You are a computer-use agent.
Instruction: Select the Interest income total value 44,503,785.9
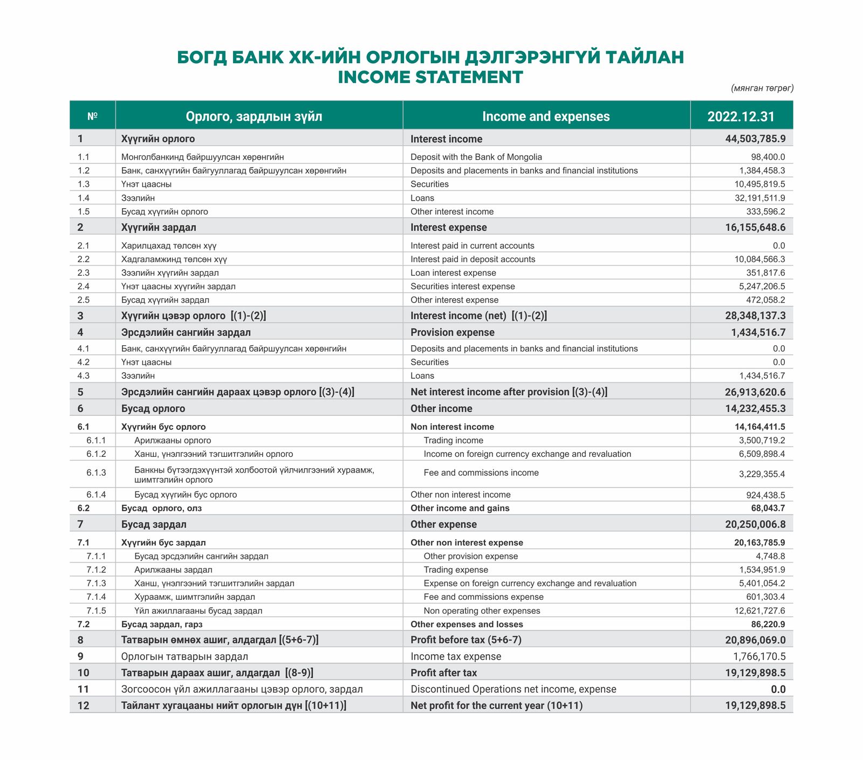(755, 139)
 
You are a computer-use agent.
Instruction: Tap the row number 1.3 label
(83, 184)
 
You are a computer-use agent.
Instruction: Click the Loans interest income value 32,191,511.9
(756, 198)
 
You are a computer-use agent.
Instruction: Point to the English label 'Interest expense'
(448, 228)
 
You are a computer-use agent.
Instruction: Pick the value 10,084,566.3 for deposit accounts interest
(759, 259)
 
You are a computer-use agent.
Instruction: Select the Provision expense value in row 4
(758, 332)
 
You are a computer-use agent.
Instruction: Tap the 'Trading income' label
(453, 441)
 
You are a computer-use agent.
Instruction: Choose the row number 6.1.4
(96, 495)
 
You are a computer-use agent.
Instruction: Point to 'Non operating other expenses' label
(482, 611)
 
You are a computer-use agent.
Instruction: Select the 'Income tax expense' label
(456, 656)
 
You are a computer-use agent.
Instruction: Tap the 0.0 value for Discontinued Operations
(778, 689)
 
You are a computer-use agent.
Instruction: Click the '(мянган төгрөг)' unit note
(762, 88)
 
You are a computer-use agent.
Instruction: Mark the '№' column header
(92, 117)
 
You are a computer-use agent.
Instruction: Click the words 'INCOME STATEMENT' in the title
(430, 77)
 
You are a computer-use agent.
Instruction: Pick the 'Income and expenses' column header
(545, 117)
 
